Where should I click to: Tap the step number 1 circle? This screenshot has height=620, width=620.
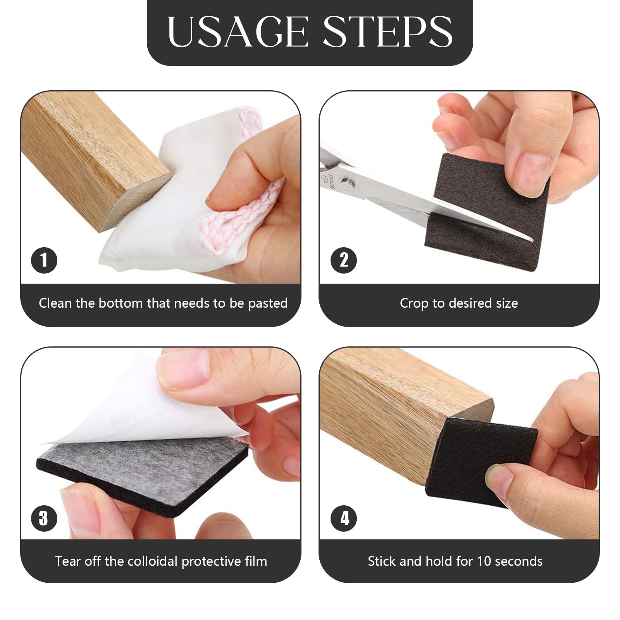(44, 260)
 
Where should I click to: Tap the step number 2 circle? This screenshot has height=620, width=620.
(344, 260)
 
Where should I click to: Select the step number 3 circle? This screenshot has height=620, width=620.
(44, 518)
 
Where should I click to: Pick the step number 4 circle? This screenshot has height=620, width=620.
(344, 518)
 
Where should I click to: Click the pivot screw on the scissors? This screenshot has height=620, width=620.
(346, 181)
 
